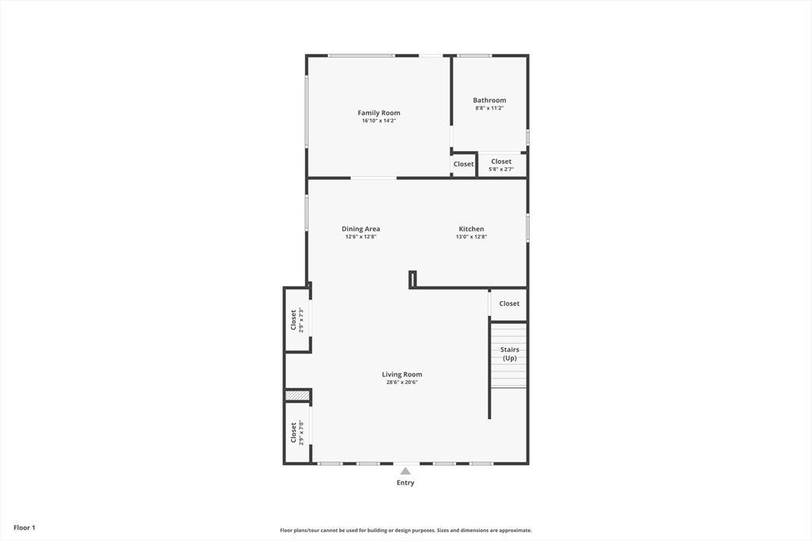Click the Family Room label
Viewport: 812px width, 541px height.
pyautogui.click(x=378, y=112)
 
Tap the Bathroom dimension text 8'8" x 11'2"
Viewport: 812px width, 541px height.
pyautogui.click(x=489, y=108)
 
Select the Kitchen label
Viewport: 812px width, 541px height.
pyautogui.click(x=471, y=229)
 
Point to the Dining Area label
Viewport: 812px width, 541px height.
pyautogui.click(x=361, y=229)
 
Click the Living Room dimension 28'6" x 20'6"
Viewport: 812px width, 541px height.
pyautogui.click(x=402, y=383)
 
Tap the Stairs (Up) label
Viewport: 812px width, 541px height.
pyautogui.click(x=510, y=354)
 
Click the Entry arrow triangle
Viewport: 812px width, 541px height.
pyautogui.click(x=405, y=471)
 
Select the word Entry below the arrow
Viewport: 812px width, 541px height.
pyautogui.click(x=405, y=482)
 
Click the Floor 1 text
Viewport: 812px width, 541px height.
pyautogui.click(x=25, y=528)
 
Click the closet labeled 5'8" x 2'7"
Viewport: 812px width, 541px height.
pyautogui.click(x=501, y=165)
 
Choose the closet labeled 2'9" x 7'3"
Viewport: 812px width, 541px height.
pyautogui.click(x=297, y=320)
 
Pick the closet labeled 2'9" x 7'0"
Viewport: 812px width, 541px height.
pyautogui.click(x=297, y=432)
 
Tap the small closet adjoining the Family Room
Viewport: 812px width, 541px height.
pyautogui.click(x=463, y=165)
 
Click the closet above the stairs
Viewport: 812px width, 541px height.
pyautogui.click(x=508, y=303)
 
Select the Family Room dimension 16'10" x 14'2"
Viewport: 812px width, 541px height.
pyautogui.click(x=378, y=120)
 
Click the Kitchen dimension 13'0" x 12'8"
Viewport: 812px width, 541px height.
pyautogui.click(x=471, y=236)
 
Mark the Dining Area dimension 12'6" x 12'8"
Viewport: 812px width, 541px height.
pyautogui.click(x=361, y=236)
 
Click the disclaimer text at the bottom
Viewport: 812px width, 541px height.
pyautogui.click(x=405, y=530)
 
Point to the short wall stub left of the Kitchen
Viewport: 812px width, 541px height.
pyautogui.click(x=412, y=280)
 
